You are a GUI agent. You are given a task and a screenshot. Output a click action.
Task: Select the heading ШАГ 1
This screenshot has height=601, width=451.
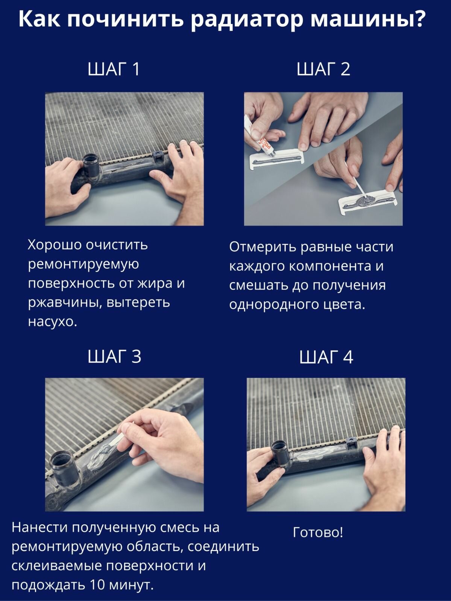point(114,69)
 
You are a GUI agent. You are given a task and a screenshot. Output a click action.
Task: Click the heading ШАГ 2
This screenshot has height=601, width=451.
point(323,69)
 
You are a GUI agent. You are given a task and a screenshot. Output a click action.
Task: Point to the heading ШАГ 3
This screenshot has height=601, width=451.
point(114,356)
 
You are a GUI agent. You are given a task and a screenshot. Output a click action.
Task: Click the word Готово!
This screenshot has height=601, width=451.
point(318,532)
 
